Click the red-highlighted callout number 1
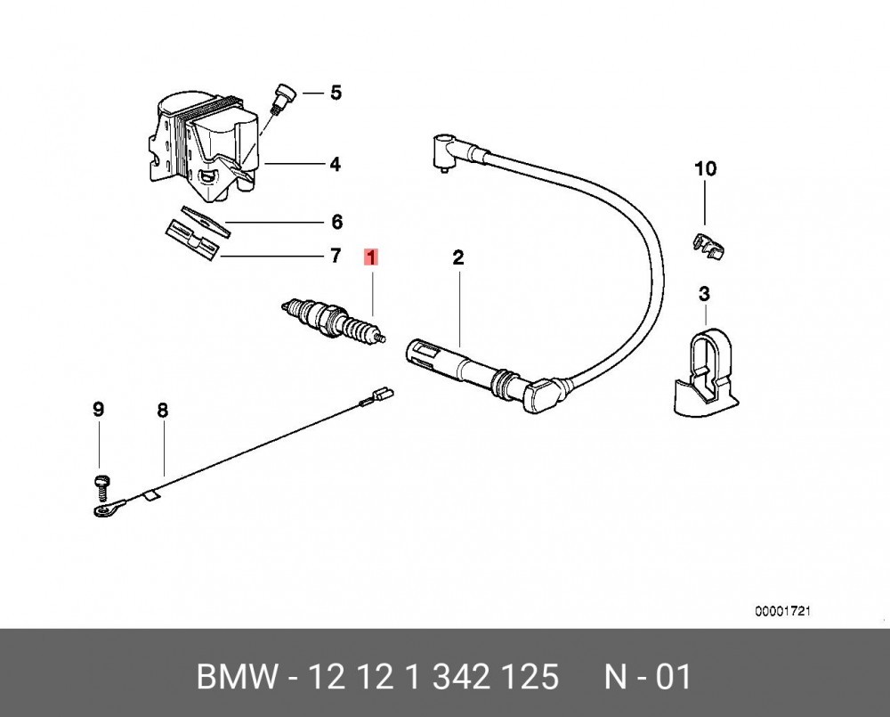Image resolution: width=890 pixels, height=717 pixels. (371, 257)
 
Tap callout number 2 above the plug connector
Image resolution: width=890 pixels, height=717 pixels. (457, 258)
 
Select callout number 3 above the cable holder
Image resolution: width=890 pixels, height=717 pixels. (704, 293)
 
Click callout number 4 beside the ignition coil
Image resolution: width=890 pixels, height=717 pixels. (335, 164)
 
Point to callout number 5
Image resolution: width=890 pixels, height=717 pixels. (336, 92)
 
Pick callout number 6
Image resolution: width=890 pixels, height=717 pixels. (336, 221)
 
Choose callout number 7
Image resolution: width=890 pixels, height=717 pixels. (336, 257)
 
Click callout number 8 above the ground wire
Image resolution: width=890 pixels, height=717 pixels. (162, 411)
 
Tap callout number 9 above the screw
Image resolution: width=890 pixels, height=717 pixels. (99, 410)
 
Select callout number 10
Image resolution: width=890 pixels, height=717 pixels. (705, 168)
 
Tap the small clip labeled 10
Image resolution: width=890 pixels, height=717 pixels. (707, 244)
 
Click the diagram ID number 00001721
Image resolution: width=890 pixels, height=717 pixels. (782, 612)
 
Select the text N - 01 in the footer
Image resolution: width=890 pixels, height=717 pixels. (647, 677)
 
